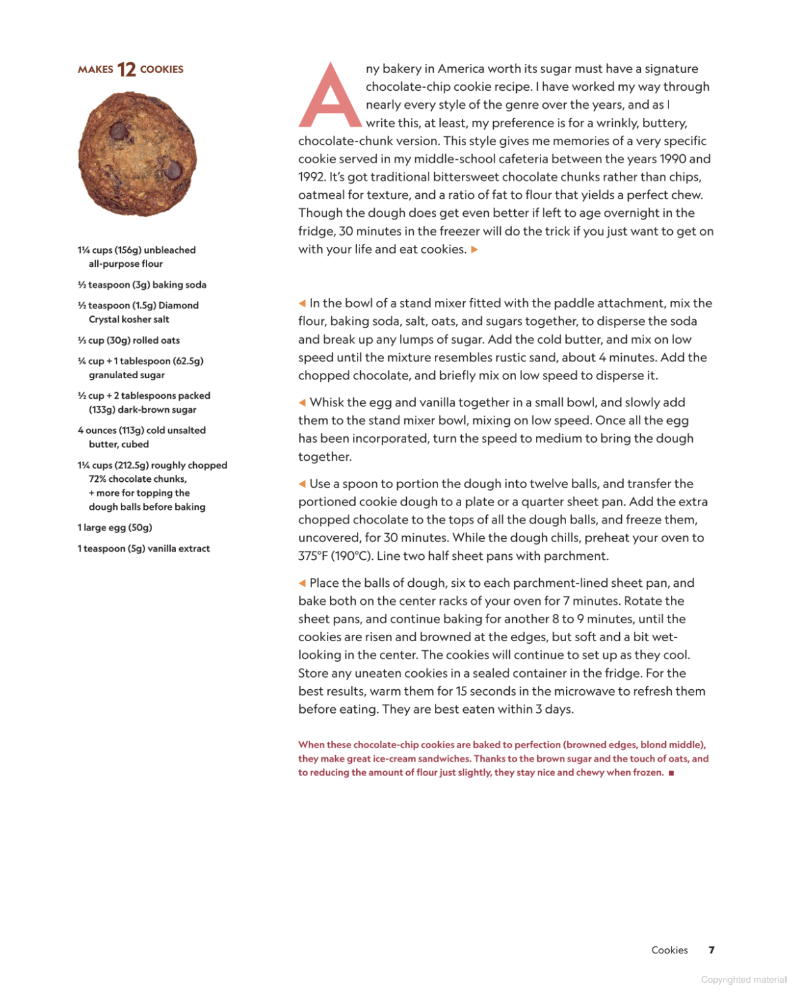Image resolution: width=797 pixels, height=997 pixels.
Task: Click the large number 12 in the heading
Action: click(127, 69)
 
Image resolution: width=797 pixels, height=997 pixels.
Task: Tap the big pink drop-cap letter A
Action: click(330, 96)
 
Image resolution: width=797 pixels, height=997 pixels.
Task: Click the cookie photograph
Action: click(137, 154)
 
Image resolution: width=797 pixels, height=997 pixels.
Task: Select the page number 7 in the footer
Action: click(711, 950)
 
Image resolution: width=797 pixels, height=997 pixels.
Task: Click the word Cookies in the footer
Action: click(669, 950)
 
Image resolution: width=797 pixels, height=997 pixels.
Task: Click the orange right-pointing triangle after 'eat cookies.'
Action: click(475, 250)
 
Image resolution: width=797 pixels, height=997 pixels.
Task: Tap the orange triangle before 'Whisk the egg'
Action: click(302, 403)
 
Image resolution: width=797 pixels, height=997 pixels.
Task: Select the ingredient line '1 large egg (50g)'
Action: click(114, 528)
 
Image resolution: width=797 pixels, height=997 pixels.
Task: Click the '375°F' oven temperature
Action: click(313, 556)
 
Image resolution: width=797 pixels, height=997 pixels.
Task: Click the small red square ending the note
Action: click(671, 773)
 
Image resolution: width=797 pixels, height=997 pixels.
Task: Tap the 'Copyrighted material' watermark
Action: click(743, 980)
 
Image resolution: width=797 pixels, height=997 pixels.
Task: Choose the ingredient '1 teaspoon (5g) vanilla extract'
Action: click(143, 548)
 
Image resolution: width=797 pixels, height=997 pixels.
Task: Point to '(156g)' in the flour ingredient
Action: click(128, 250)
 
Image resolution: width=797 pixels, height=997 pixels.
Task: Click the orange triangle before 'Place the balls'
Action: click(302, 583)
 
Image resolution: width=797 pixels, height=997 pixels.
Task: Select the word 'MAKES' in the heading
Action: click(95, 70)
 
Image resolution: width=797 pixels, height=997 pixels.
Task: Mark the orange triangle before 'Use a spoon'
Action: click(302, 484)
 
